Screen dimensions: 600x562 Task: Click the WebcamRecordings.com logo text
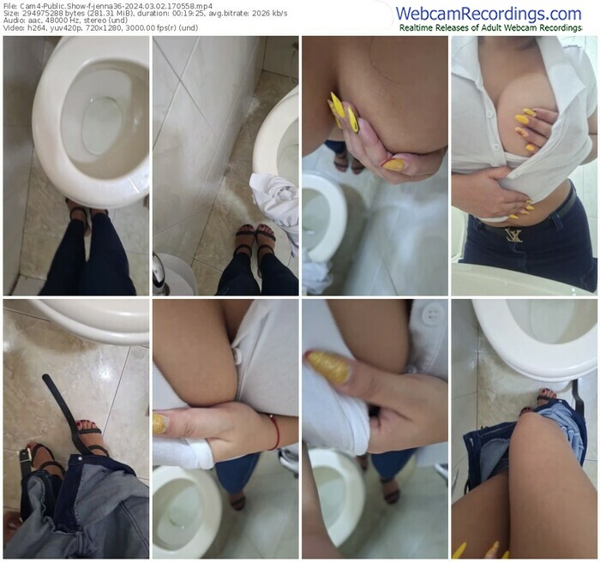coord(489,14)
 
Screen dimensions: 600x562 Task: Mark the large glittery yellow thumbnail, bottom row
coord(328,367)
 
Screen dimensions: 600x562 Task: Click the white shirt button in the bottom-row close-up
coord(432,315)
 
